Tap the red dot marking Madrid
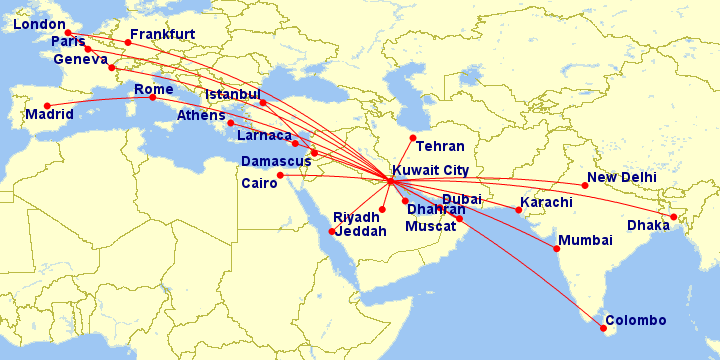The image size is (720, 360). pos(46,106)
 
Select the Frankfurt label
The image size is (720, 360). pos(162,34)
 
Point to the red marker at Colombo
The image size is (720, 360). pos(603,328)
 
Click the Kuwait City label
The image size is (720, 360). pos(431,171)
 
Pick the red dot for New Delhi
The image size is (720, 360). pos(585,185)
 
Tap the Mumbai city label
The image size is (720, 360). pos(586,241)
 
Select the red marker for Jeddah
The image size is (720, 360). pos(332,232)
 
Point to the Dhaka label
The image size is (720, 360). pos(647,225)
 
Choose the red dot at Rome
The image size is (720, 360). pos(152,97)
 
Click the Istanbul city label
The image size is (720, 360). pos(232,95)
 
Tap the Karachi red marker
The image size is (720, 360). pos(518,209)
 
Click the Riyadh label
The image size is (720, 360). pos(356,217)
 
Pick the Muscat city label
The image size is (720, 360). pos(431,226)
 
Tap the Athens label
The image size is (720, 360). pos(201,116)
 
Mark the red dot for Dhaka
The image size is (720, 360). pos(674,217)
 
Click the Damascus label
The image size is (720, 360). pos(277,161)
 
